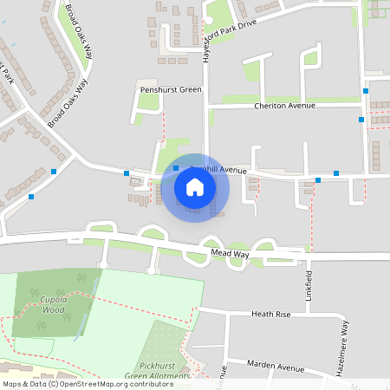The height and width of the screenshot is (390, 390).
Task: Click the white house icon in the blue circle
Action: tap(194, 186)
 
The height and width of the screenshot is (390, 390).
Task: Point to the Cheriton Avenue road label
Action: tap(284, 106)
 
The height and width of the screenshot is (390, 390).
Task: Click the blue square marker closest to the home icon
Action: tap(176, 168)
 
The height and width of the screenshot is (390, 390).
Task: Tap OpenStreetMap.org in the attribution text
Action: tap(96, 384)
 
